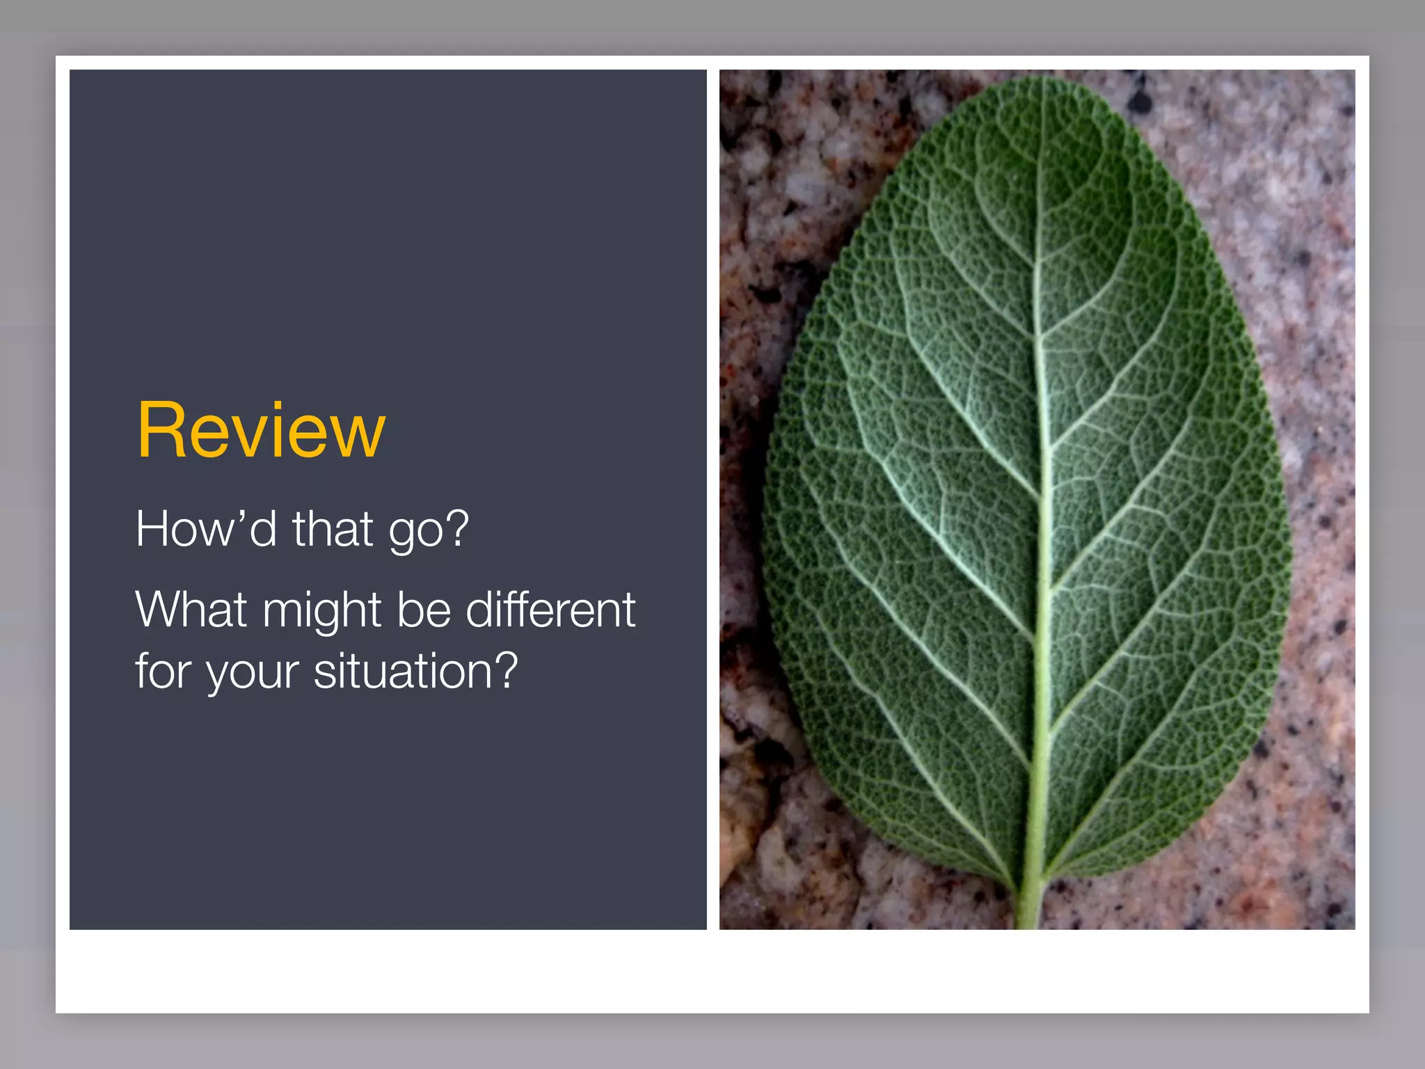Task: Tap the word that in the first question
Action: [332, 529]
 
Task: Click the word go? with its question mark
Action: [429, 531]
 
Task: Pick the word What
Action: [191, 610]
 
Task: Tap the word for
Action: [163, 671]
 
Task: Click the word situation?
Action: [415, 671]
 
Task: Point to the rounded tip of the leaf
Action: [1044, 84]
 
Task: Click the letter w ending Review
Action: [358, 437]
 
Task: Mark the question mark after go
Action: [456, 528]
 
